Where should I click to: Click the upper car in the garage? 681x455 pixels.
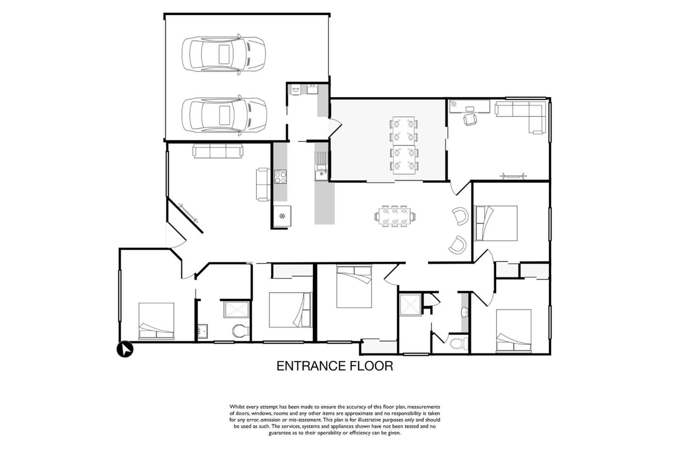tap(224, 54)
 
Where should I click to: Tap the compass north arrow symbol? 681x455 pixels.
tap(125, 349)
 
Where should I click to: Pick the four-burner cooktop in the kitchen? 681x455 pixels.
tap(280, 177)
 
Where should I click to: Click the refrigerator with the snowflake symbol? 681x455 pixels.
tap(282, 216)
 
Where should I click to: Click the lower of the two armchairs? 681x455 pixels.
tap(458, 245)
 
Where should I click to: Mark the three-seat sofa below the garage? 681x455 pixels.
tap(218, 151)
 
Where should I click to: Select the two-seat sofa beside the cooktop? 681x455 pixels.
tap(263, 184)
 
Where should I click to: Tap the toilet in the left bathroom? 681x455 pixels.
tap(241, 331)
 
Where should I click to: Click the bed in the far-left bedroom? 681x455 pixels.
tap(156, 321)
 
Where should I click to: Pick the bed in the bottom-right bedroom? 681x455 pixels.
tap(514, 331)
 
